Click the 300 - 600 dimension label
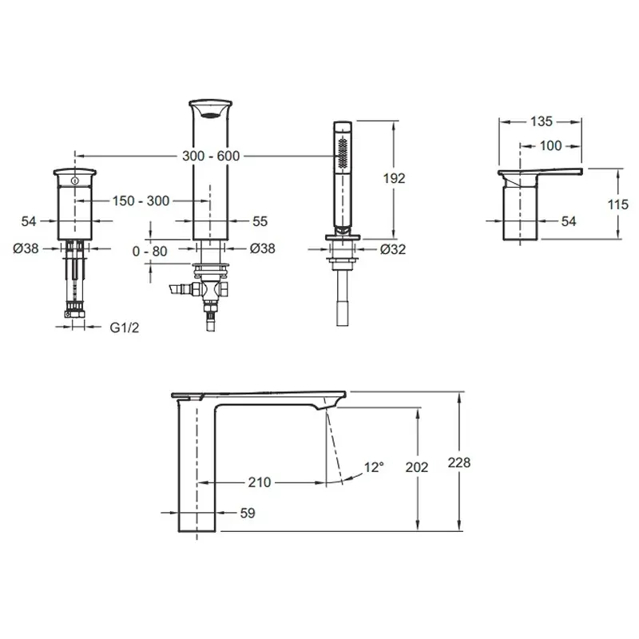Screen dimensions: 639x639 pyautogui.click(x=211, y=156)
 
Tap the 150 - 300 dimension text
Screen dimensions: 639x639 pyautogui.click(x=141, y=201)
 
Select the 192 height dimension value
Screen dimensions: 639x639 pyautogui.click(x=394, y=178)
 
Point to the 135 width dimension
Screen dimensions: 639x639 pyautogui.click(x=542, y=121)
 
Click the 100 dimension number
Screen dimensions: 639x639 pyautogui.click(x=550, y=146)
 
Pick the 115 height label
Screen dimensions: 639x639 pyautogui.click(x=617, y=204)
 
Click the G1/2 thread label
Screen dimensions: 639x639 pyautogui.click(x=125, y=327)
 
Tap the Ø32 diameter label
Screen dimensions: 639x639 pyautogui.click(x=393, y=249)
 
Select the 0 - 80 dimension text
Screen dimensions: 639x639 pyautogui.click(x=150, y=252)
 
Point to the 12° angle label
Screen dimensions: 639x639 pyautogui.click(x=374, y=467)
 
